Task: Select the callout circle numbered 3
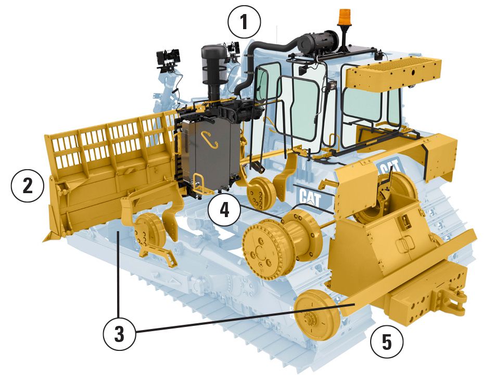pyautogui.click(x=120, y=334)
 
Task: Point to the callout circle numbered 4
pyautogui.click(x=224, y=209)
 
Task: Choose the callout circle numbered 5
pyautogui.click(x=386, y=342)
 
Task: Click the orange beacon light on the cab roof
pyautogui.click(x=345, y=20)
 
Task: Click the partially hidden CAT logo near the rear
pyautogui.click(x=389, y=168)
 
